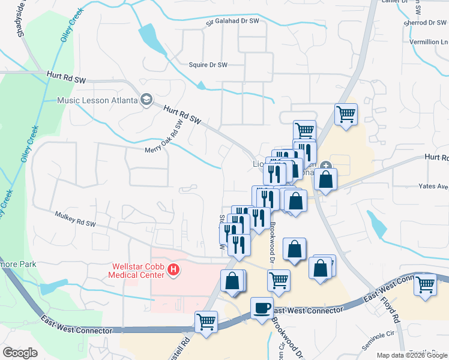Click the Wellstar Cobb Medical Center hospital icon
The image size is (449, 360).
[174, 270]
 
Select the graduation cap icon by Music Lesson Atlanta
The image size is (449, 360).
[146, 99]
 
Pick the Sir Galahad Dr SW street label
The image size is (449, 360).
[232, 22]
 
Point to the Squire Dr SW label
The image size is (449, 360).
[208, 65]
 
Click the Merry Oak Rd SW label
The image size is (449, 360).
[163, 140]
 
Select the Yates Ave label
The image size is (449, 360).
[434, 187]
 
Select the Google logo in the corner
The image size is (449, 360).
[20, 353]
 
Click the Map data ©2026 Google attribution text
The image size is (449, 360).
[412, 355]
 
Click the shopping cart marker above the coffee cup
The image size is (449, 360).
[278, 279]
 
